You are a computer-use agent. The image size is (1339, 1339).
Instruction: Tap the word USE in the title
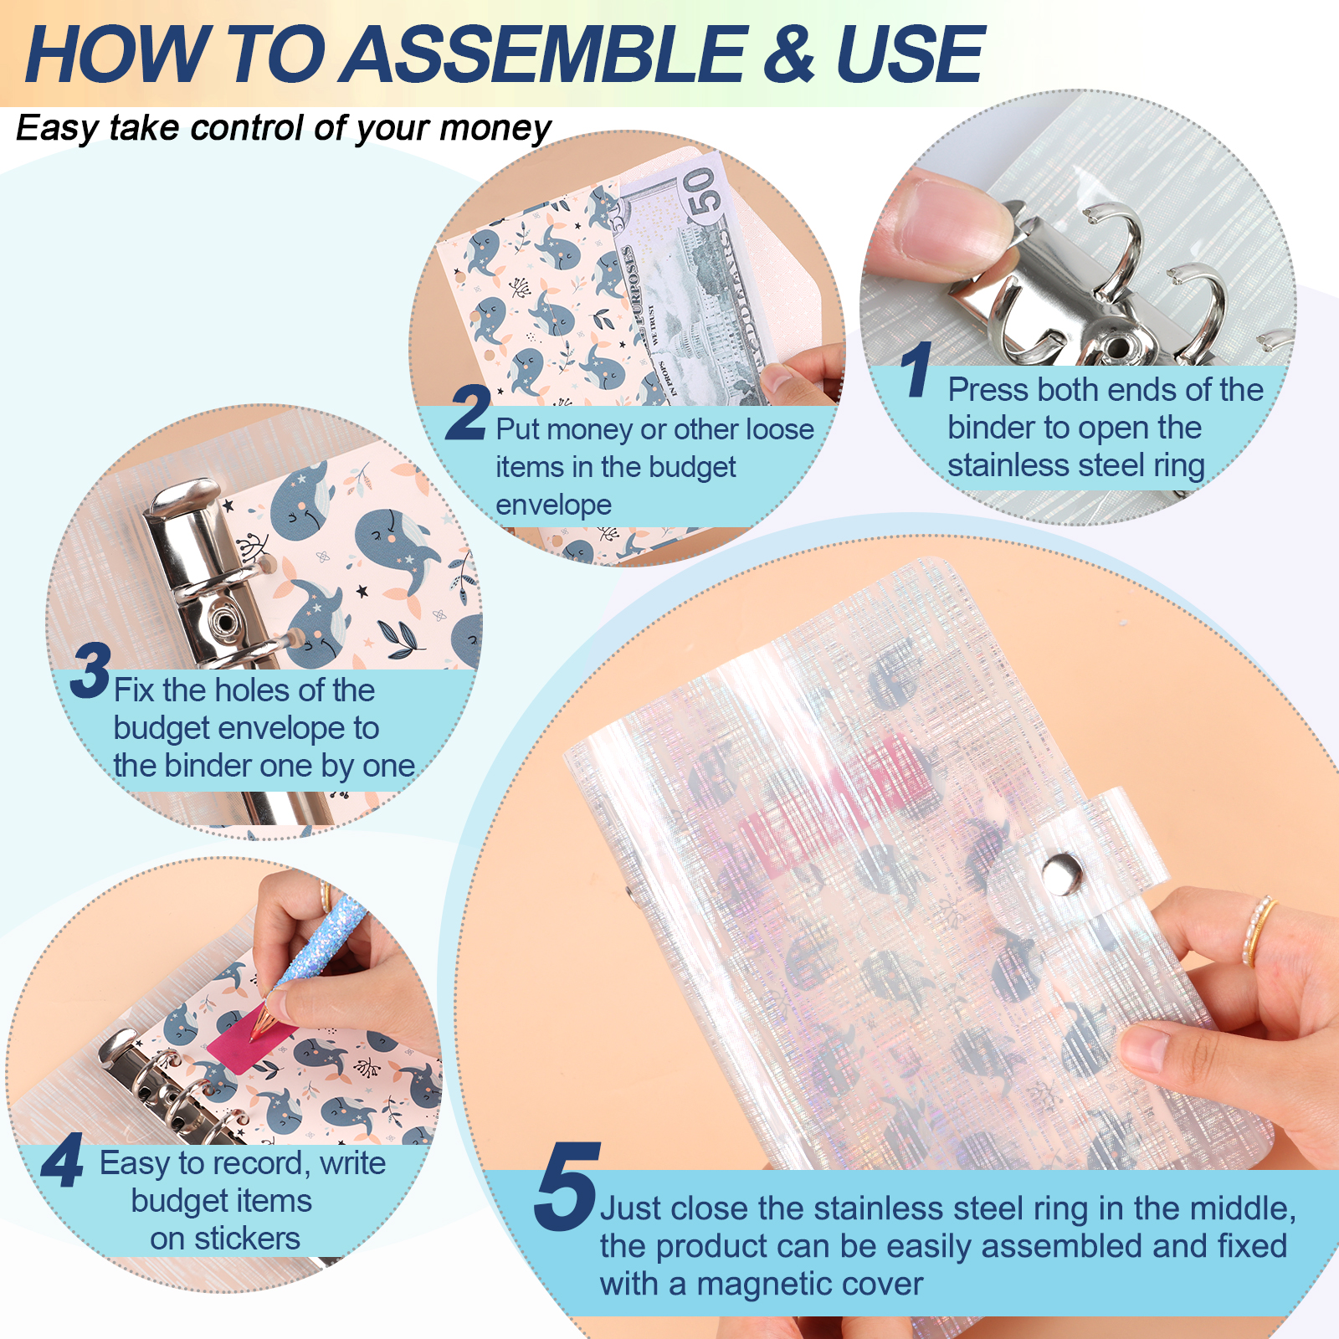[910, 54]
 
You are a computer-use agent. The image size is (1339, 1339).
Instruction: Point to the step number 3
[90, 670]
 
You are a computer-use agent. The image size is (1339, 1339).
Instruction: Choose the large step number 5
[567, 1187]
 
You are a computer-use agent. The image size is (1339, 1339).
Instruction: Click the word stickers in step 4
[247, 1239]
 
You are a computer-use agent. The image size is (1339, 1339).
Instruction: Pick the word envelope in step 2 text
[553, 505]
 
